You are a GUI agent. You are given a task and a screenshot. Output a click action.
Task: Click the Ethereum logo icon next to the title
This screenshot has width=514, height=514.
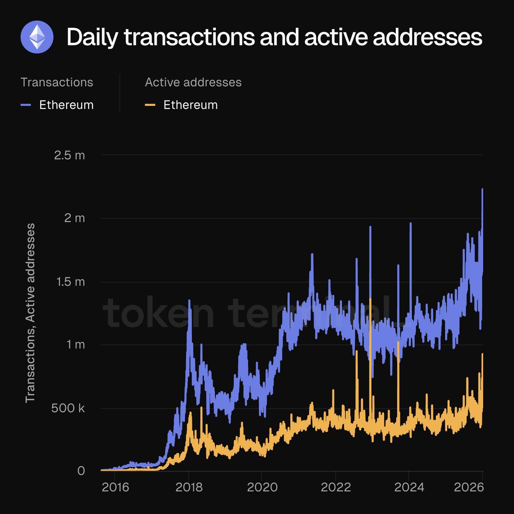click(x=37, y=37)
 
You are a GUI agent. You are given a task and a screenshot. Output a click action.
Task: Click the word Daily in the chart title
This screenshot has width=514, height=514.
click(x=92, y=37)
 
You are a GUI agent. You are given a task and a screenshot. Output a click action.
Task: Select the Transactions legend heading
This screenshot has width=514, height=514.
click(x=57, y=82)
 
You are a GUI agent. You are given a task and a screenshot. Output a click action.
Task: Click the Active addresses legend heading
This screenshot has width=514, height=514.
click(x=193, y=82)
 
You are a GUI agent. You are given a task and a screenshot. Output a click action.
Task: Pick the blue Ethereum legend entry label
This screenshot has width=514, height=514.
click(x=66, y=105)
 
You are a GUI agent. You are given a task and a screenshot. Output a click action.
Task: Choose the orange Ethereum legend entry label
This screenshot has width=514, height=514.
click(x=190, y=105)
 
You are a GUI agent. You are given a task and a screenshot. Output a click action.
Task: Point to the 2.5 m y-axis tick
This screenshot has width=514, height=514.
click(x=69, y=155)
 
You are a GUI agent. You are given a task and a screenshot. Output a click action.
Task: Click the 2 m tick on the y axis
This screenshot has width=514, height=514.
click(x=75, y=218)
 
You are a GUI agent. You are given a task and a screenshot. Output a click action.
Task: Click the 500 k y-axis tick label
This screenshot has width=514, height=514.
click(x=68, y=408)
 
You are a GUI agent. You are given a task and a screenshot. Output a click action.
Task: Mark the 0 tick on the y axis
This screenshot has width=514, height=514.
click(x=81, y=471)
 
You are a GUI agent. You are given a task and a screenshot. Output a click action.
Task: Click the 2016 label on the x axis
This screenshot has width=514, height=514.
click(x=115, y=487)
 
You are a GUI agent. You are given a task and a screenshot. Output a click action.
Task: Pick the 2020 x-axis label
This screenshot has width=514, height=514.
click(x=262, y=487)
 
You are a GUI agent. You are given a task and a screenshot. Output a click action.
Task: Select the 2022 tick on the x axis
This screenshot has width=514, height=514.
click(x=336, y=487)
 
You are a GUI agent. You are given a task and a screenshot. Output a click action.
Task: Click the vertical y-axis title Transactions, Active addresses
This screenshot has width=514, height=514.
click(x=30, y=313)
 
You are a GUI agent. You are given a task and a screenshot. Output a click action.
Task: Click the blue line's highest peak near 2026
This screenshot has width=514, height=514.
click(x=482, y=189)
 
